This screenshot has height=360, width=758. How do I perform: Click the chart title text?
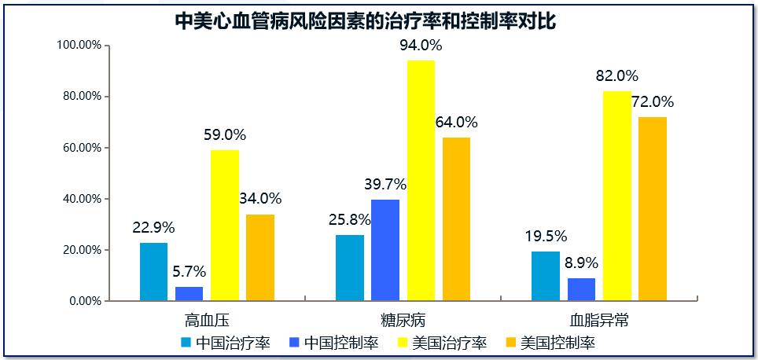point(365,21)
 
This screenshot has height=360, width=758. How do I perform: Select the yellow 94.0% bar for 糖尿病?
point(421,180)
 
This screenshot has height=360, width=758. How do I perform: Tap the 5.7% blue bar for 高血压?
point(189,293)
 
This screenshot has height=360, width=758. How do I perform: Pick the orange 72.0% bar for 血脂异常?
point(652,208)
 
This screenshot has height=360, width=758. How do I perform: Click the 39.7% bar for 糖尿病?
point(385,250)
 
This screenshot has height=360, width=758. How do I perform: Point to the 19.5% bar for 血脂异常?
point(546,275)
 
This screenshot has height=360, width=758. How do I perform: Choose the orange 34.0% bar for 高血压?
point(260,257)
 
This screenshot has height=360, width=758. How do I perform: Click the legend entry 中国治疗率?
point(225,343)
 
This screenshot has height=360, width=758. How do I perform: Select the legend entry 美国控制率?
point(550,343)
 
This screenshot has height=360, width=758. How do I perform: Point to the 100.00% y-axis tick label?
point(80,46)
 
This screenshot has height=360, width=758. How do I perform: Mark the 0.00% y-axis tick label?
point(86,301)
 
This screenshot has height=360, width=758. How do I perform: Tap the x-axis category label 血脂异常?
point(599,321)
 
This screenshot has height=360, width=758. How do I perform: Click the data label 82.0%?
point(616,76)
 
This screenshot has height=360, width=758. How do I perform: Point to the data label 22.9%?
point(153,228)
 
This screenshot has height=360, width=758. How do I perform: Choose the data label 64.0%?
point(456,123)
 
